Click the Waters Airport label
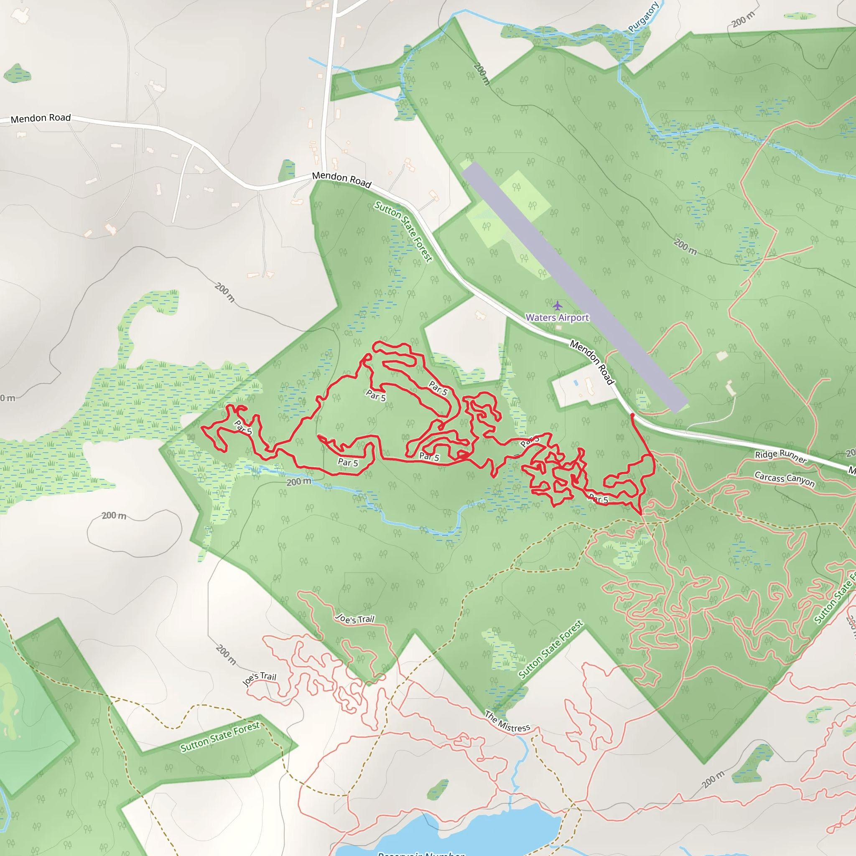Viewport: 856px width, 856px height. (557, 317)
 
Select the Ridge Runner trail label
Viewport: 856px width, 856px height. (781, 456)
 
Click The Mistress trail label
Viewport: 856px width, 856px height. (507, 722)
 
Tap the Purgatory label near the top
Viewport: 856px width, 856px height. (643, 17)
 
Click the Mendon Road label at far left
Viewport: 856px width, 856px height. (41, 118)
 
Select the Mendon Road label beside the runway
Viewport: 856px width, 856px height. (592, 362)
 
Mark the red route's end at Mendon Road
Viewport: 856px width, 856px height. (632, 415)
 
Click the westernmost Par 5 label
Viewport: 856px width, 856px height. (243, 428)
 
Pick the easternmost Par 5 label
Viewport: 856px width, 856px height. (599, 499)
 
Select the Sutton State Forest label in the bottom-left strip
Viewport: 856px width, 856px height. (220, 737)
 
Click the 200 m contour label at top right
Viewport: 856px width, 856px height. (743, 20)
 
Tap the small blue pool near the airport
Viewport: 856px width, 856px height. (576, 382)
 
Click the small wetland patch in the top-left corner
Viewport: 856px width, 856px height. (17, 73)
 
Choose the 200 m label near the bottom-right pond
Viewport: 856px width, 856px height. (713, 780)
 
